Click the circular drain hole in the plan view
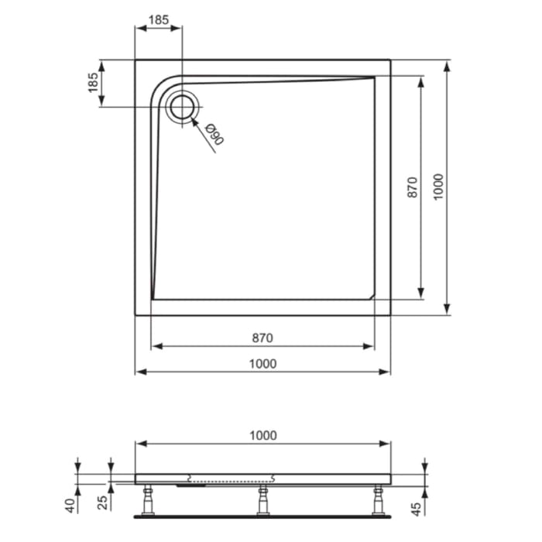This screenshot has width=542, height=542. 183,107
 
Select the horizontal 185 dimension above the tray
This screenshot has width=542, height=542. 159,21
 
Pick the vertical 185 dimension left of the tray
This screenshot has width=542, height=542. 93,83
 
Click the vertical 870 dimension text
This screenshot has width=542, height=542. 412,187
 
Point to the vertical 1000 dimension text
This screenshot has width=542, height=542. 438,187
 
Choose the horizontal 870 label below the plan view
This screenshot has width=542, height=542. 262,338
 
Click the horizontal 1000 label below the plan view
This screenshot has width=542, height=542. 262,363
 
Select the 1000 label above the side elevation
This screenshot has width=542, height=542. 262,436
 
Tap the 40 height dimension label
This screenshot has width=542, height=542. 69,506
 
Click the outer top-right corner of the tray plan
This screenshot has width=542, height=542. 390,60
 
